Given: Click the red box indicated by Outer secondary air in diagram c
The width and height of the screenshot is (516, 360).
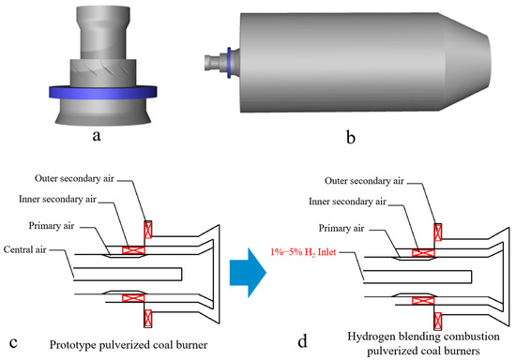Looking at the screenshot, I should (x=146, y=230).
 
